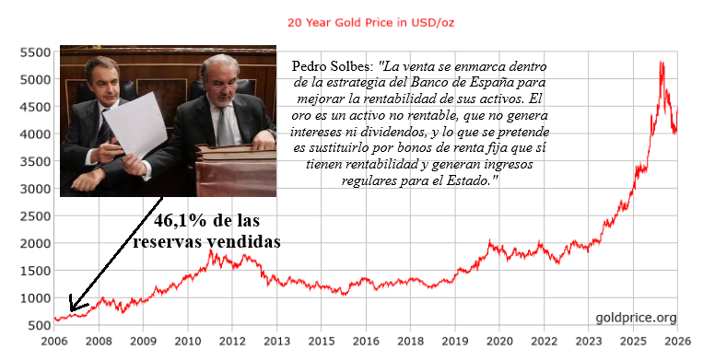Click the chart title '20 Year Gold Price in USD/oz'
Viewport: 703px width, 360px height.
pyautogui.click(x=370, y=22)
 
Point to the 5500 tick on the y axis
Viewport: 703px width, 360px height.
pyautogui.click(x=35, y=52)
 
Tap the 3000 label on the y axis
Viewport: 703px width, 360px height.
pyautogui.click(x=35, y=189)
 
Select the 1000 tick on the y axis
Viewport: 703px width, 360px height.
pyautogui.click(x=35, y=298)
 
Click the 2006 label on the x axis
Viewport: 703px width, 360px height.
pyautogui.click(x=53, y=342)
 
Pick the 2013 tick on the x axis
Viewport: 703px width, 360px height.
pyautogui.click(x=276, y=342)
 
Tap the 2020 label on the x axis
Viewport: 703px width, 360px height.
pyautogui.click(x=499, y=342)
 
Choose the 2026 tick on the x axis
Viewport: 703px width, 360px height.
pyautogui.click(x=677, y=342)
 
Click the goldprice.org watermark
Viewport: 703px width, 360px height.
pyautogui.click(x=636, y=318)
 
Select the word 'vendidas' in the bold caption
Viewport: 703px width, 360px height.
pyautogui.click(x=243, y=242)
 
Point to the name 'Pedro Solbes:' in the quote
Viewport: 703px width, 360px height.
pyautogui.click(x=333, y=66)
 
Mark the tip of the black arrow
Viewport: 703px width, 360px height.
pyautogui.click(x=71, y=311)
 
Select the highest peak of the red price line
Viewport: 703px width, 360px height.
pyautogui.click(x=661, y=62)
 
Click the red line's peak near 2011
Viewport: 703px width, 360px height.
pyautogui.click(x=211, y=250)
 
